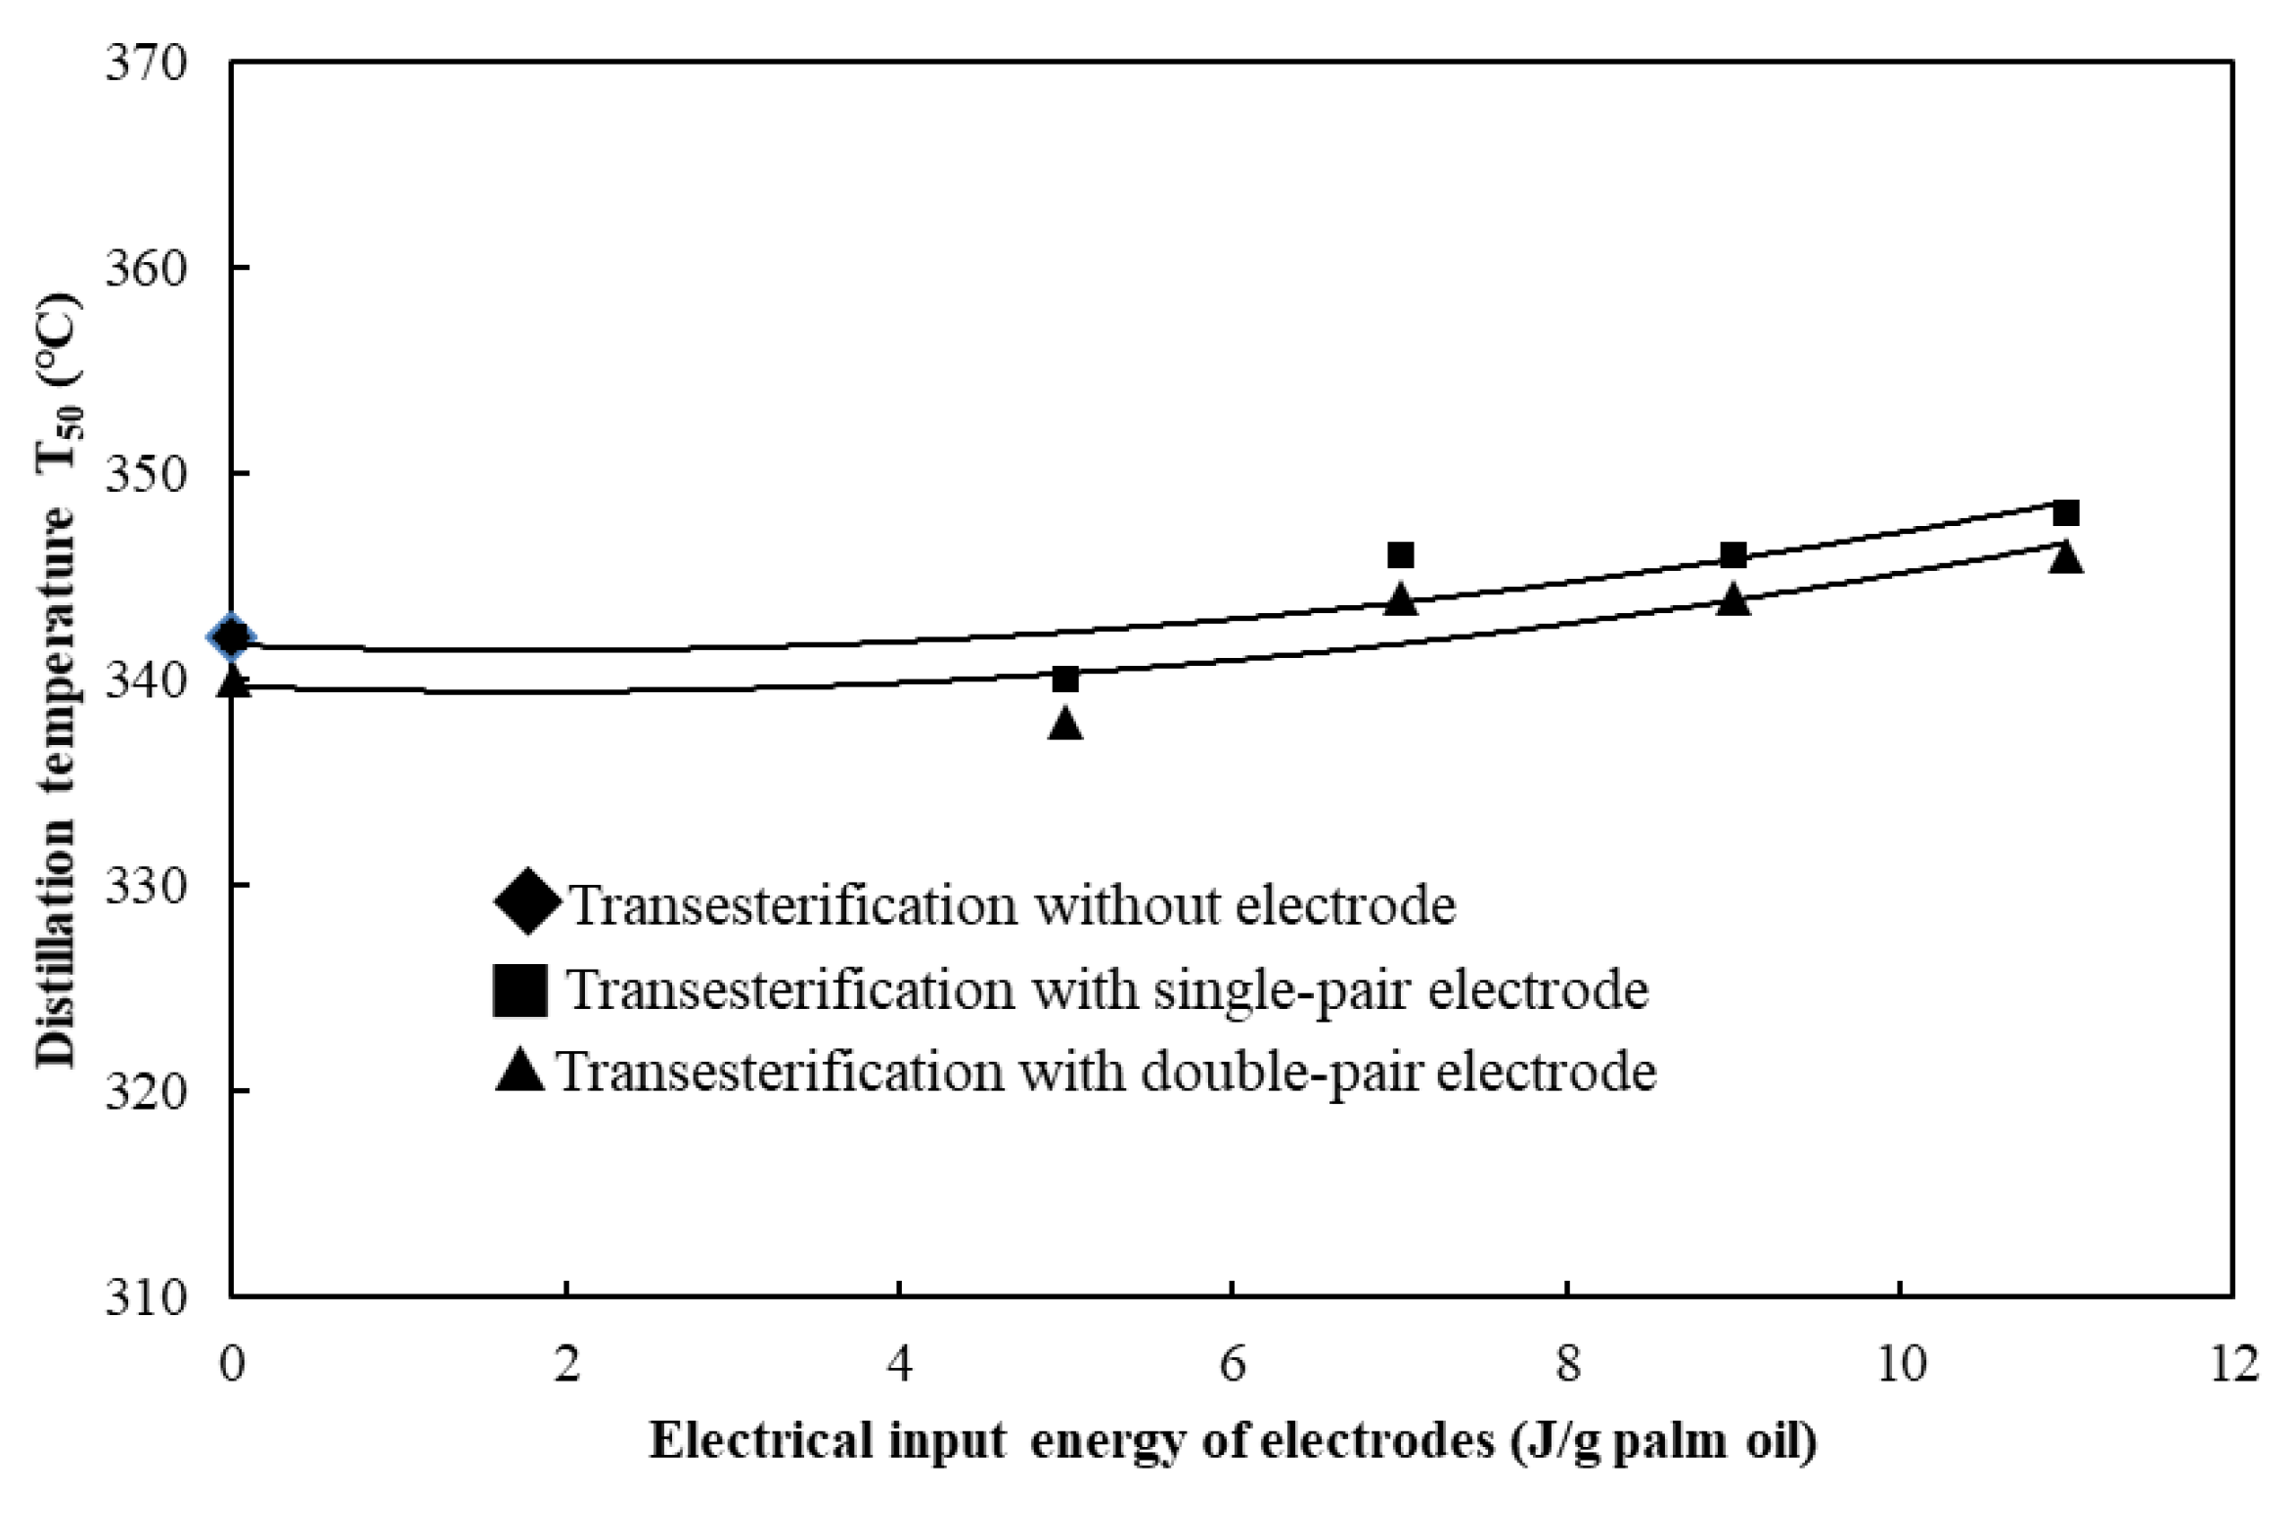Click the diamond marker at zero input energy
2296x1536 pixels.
(x=232, y=637)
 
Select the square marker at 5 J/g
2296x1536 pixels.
(x=1065, y=679)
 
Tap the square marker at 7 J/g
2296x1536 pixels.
(x=1400, y=555)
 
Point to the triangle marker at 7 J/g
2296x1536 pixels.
(x=1400, y=599)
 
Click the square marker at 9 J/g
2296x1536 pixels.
(x=1733, y=555)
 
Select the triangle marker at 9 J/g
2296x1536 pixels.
(x=1733, y=599)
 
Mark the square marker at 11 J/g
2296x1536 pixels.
(x=2066, y=513)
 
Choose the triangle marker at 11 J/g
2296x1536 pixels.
(x=2066, y=557)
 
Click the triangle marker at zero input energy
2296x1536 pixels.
(x=233, y=682)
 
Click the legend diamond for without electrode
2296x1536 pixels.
(x=527, y=901)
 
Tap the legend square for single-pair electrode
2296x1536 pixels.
(x=519, y=989)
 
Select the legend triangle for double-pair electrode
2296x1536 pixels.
(x=519, y=1071)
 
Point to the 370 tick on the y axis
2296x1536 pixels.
(x=146, y=64)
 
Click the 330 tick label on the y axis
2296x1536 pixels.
(x=146, y=886)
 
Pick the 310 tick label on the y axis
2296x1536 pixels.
(x=146, y=1298)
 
